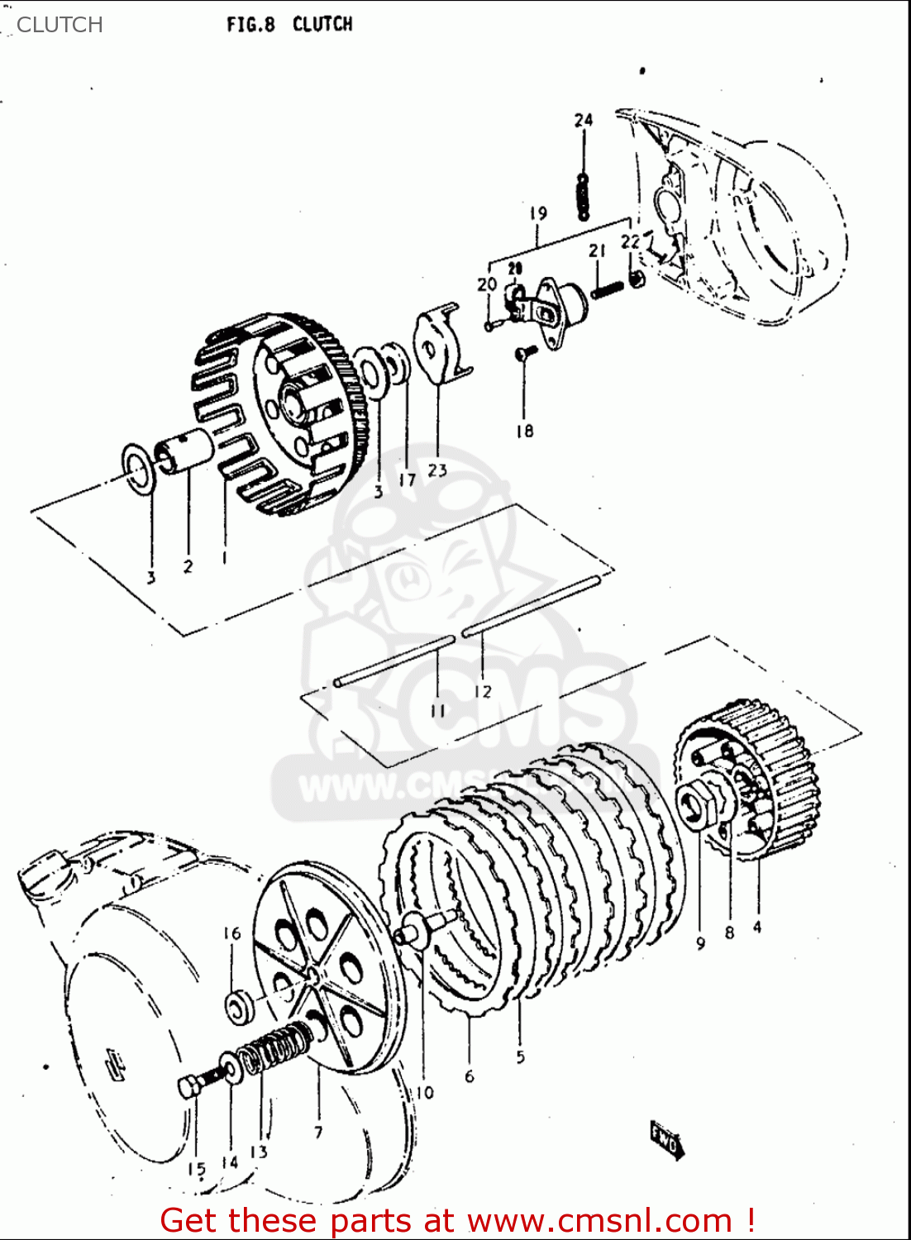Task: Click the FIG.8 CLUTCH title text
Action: click(x=289, y=24)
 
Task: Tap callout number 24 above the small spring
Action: click(x=584, y=120)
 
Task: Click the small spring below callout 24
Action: click(x=584, y=198)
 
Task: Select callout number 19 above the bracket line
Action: click(x=538, y=213)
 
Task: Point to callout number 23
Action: click(x=437, y=470)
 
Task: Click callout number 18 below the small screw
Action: click(x=524, y=430)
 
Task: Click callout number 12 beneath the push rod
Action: click(x=483, y=691)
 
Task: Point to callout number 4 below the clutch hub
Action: click(x=757, y=927)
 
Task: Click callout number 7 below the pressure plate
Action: click(x=318, y=1132)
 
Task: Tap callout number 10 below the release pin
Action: click(x=423, y=1092)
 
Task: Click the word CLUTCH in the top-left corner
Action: click(x=60, y=24)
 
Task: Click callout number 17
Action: click(x=407, y=479)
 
